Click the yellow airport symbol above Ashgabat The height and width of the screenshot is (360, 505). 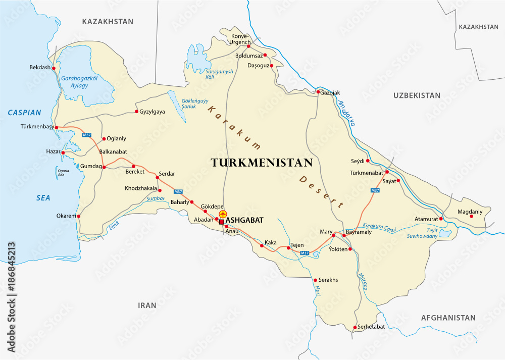[x=223, y=214]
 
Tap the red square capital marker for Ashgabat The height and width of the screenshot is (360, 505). [x=221, y=221]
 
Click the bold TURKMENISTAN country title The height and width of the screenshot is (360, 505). [x=261, y=163]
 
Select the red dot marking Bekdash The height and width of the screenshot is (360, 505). [x=54, y=68]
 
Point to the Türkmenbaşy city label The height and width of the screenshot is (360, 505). [x=37, y=127]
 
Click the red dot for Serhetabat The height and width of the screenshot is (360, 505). [x=355, y=327]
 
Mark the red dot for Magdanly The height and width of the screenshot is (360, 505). [x=471, y=216]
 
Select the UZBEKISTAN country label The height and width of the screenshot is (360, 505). [x=417, y=95]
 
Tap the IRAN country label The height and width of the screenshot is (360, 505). [x=147, y=305]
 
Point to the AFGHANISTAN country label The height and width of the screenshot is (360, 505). [x=448, y=318]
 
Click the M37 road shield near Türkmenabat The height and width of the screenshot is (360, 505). [x=375, y=190]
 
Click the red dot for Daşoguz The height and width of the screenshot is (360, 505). [x=271, y=66]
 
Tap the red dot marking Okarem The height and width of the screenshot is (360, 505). [x=78, y=216]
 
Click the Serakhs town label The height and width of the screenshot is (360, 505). [x=328, y=280]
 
